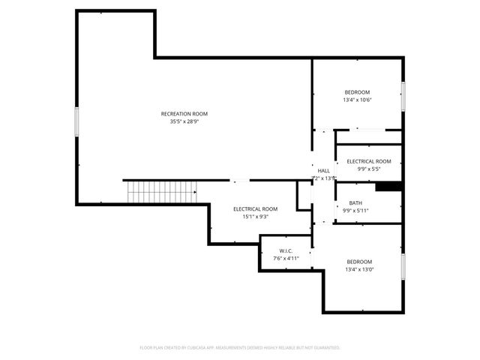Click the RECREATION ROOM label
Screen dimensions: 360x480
point(184,114)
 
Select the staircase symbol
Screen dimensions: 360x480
point(160,191)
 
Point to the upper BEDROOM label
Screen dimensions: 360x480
point(357,92)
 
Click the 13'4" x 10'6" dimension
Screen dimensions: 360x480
point(357,100)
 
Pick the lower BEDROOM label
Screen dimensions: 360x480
point(359,262)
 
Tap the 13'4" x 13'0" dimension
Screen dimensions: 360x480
point(359,269)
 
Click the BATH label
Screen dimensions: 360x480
point(355,202)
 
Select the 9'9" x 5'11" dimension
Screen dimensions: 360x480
point(355,210)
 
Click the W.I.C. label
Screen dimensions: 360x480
point(285,250)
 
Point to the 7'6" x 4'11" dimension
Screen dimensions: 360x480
point(285,258)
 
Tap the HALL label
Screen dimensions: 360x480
point(323,171)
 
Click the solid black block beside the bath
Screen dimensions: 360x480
point(389,187)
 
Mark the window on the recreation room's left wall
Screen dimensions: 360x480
point(76,121)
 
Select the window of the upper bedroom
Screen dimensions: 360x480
point(403,96)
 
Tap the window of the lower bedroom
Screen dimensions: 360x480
point(403,266)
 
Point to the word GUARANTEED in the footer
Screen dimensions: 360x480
point(325,348)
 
